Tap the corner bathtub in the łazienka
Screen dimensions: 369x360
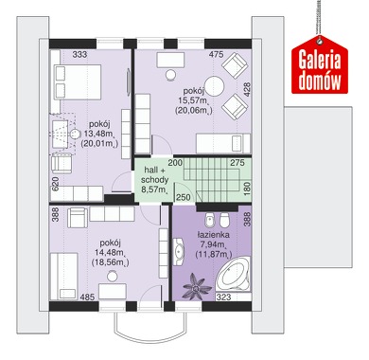coord(234,274)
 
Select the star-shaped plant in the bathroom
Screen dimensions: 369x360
coord(198,286)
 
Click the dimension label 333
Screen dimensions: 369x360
coord(79,54)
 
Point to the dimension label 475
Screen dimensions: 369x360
coord(217,54)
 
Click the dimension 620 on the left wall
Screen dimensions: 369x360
coord(55,184)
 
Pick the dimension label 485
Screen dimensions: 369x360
coord(87,297)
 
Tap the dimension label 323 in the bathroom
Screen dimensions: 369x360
coord(223,297)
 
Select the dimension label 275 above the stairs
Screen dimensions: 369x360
coord(237,163)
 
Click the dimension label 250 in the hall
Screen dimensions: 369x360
coord(184,197)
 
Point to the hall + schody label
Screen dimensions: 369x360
coord(155,175)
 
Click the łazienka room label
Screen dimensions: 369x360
coord(214,235)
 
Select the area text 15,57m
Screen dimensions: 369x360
coord(193,100)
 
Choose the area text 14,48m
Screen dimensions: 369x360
coord(109,252)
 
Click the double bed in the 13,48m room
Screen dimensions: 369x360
coord(78,82)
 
